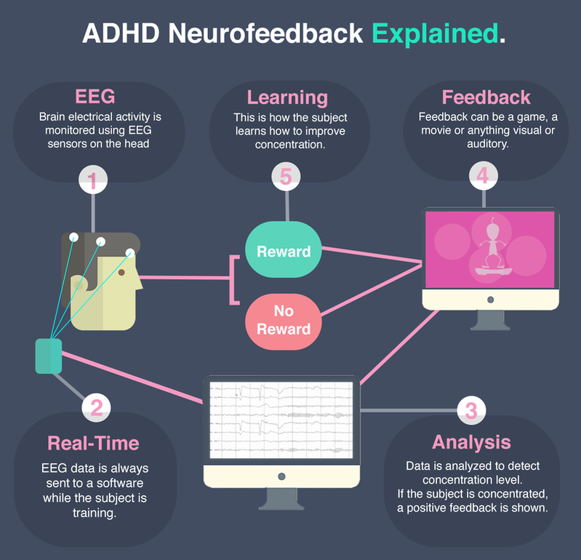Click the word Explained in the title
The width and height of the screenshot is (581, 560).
click(435, 34)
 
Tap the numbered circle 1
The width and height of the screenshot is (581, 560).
click(93, 180)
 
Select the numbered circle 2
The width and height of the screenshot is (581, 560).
click(96, 407)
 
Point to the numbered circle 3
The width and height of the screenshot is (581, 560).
click(471, 410)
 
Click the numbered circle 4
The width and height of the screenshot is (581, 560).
click(483, 175)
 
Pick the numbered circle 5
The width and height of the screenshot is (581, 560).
click(286, 177)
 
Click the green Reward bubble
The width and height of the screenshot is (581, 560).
click(284, 249)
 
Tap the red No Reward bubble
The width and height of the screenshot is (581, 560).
click(284, 321)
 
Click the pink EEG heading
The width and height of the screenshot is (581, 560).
click(95, 96)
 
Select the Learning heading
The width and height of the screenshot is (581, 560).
click(287, 98)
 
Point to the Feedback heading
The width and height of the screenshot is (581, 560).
click(486, 97)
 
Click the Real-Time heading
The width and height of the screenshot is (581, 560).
click(93, 443)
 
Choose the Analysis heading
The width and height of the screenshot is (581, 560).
click(471, 442)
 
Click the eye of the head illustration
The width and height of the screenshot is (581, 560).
click(121, 273)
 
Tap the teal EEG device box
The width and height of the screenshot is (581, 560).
click(49, 356)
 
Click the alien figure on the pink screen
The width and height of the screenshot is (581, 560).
click(492, 246)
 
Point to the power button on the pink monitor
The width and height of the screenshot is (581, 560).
click(491, 300)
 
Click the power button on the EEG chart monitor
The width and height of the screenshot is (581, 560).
click(281, 476)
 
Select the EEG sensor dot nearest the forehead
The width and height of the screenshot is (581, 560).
click(129, 253)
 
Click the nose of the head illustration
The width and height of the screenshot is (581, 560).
click(140, 282)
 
